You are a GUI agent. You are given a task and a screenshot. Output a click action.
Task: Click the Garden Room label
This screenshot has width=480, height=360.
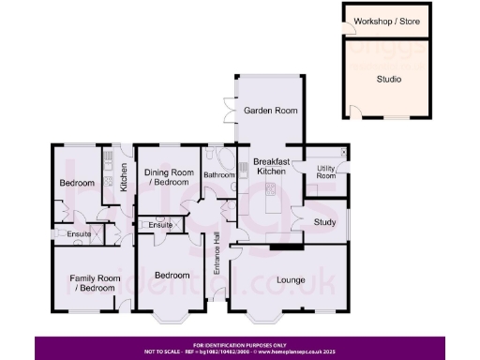pos(271,111)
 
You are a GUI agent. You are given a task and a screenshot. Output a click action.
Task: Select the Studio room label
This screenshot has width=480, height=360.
pos(389,80)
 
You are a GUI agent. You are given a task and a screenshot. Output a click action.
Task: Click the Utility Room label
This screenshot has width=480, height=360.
pos(326,172)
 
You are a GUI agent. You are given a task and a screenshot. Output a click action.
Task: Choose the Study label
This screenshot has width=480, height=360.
pos(324,222)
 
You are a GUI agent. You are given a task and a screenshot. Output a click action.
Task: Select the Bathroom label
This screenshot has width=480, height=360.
pos(219,174)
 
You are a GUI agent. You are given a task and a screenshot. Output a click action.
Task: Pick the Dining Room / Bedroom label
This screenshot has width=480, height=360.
pos(167,176)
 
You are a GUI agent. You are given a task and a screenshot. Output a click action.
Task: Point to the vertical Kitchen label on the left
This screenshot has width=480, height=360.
pos(123,177)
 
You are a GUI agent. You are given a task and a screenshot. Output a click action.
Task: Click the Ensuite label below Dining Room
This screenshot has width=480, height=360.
pos(159,225)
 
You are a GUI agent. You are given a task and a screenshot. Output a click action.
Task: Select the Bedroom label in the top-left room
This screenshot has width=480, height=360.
pos(77,184)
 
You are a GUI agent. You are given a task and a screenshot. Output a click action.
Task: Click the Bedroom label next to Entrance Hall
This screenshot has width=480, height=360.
pos(172,276)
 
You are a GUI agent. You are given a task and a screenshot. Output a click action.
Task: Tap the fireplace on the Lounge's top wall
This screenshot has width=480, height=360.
pos(287,247)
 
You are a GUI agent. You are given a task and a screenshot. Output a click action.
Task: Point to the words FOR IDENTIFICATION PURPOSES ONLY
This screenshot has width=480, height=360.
pos(239,344)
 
